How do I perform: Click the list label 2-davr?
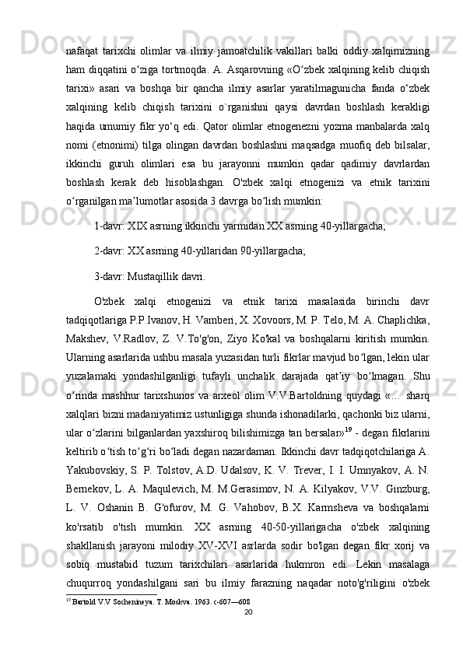pyautogui.click(x=111, y=251)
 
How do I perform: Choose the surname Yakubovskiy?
pyautogui.click(x=90, y=480)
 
